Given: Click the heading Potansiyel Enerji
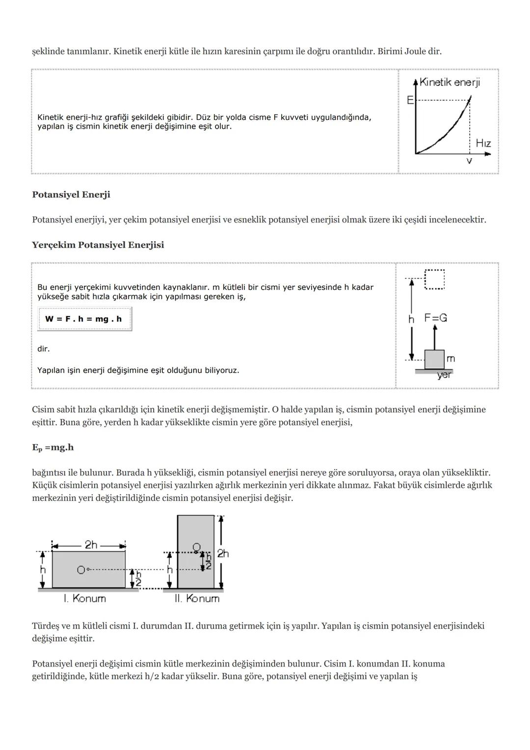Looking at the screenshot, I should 71,194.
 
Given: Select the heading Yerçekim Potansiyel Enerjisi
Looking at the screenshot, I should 98,245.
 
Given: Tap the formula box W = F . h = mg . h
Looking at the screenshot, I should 84,319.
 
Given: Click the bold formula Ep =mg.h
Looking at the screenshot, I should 53,447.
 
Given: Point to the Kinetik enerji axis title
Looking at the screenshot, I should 450,83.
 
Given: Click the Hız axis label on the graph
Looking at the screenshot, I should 483,143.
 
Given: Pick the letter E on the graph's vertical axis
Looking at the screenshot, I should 410,100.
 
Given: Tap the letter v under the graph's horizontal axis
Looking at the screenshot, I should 469,161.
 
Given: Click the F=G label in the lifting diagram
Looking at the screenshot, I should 436,318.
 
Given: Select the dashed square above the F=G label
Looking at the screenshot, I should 434,279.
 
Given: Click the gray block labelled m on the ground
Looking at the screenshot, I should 434,359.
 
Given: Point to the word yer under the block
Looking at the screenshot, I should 444,375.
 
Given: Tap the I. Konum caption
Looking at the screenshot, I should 85,598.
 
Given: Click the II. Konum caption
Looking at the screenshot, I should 197,598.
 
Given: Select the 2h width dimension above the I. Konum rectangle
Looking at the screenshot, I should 91,545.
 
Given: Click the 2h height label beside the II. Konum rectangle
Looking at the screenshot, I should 223,554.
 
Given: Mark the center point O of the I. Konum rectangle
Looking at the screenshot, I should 81,570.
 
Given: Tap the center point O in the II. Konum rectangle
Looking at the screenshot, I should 196,547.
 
